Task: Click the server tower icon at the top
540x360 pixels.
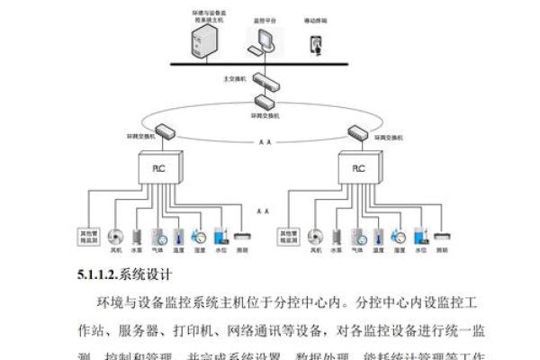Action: point(205,40)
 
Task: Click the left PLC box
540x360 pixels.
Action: point(158,168)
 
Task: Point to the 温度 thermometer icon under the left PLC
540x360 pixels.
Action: point(180,237)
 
